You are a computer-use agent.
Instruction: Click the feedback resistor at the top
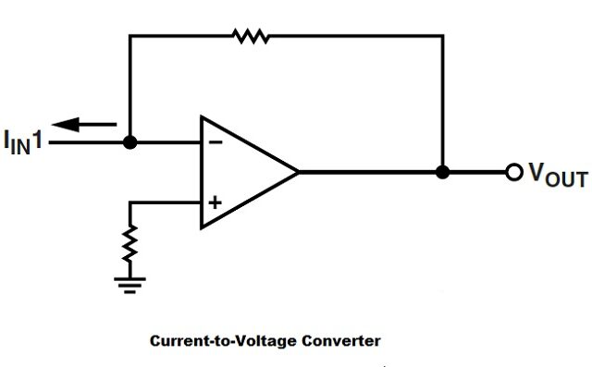point(250,36)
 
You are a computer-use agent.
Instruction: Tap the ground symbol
point(131,280)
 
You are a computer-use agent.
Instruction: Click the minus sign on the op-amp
point(215,143)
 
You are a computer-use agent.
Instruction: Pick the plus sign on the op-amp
point(215,202)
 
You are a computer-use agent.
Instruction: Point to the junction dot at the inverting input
point(130,143)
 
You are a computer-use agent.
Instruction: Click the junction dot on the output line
point(443,172)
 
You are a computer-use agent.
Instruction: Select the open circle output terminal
point(513,173)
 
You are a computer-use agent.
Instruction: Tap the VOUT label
point(556,175)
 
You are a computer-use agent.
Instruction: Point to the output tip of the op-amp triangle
point(298,172)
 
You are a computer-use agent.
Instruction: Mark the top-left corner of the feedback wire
point(130,36)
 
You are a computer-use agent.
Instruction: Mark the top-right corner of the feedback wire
point(443,36)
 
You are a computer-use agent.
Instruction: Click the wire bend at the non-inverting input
point(131,202)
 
